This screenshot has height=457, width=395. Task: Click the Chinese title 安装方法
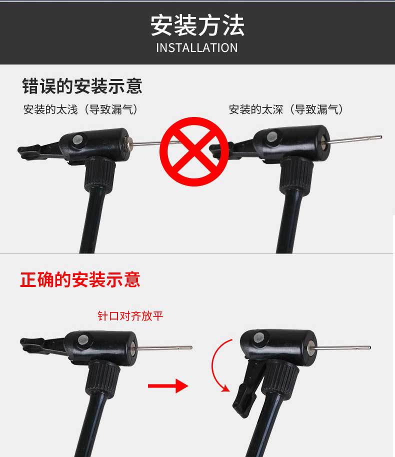[x=197, y=25]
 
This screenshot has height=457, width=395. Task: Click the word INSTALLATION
[x=197, y=48]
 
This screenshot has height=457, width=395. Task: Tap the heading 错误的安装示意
[x=82, y=86]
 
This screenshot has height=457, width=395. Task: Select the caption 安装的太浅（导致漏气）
[x=80, y=109]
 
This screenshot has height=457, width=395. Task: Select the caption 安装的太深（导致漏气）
[x=286, y=109]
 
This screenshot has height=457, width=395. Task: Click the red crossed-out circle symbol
[x=196, y=149]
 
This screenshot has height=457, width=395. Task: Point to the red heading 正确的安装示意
[x=80, y=279]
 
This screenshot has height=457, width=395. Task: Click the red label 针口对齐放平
[x=130, y=316]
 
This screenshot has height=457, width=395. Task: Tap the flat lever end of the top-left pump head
[x=27, y=148]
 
